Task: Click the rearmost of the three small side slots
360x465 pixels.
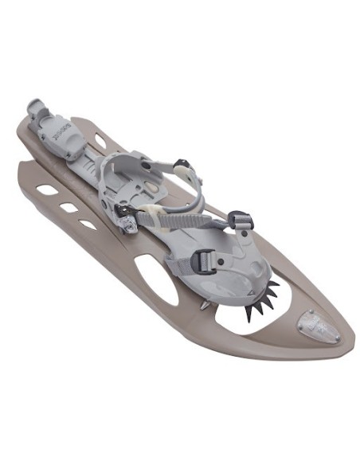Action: (47, 190)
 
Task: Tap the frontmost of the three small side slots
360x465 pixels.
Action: (88, 225)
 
